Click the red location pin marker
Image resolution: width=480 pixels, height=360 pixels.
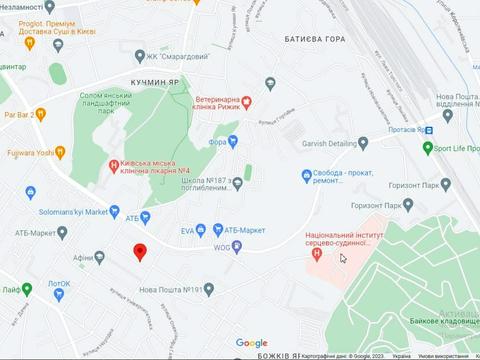click(x=141, y=251)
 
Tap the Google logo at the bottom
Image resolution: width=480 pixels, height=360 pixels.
click(x=252, y=343)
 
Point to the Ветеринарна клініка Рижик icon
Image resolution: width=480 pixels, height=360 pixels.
click(x=248, y=101)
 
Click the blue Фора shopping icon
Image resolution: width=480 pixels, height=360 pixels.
click(x=233, y=141)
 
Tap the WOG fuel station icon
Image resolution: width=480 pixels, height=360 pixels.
click(x=237, y=246)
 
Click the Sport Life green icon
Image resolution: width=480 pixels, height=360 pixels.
click(x=428, y=148)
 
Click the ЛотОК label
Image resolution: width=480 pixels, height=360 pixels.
click(x=59, y=284)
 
